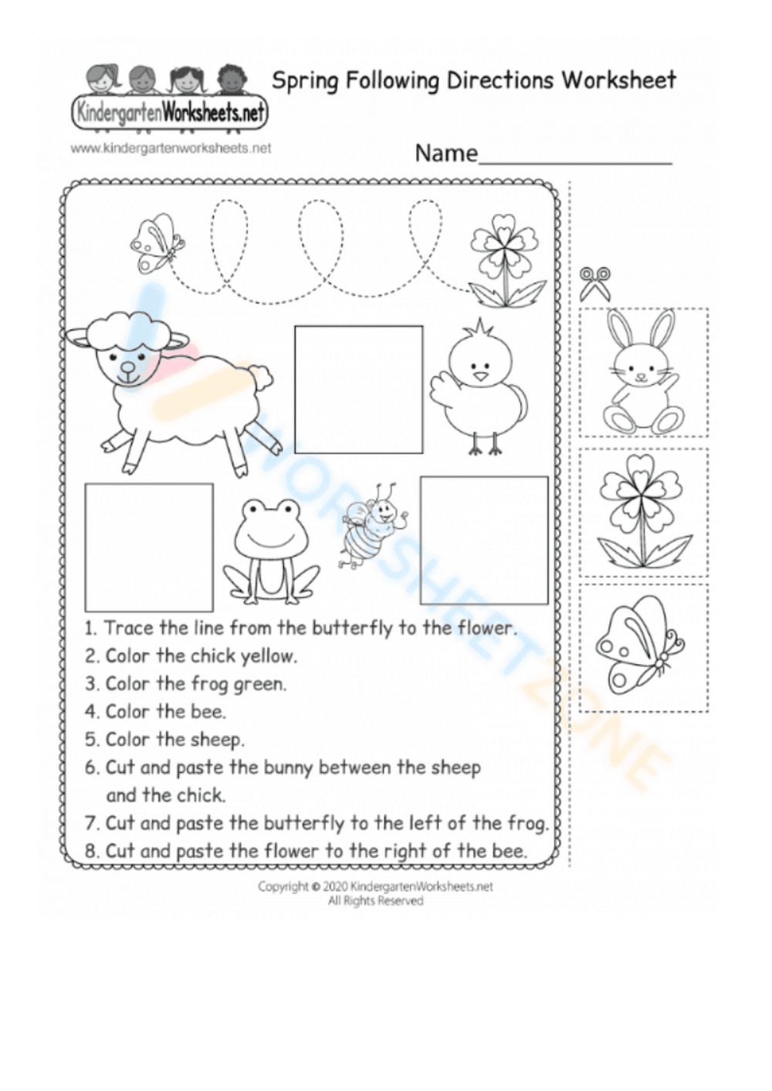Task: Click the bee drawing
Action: coord(369,527)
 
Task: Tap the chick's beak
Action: coord(482,377)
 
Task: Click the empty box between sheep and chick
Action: coord(358,389)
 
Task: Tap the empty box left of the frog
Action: coord(148,547)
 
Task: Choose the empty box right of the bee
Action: coord(484,540)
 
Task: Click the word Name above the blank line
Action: coord(446,153)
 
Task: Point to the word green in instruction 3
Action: coord(262,684)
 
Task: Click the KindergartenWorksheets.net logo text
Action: coord(169,114)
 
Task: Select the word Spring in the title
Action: coord(306,80)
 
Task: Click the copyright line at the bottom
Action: coord(375,887)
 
